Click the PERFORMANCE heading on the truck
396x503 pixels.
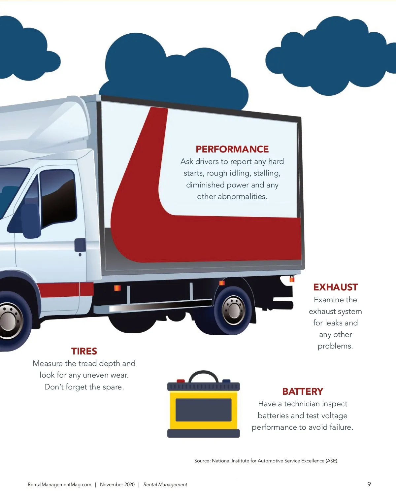pos(232,149)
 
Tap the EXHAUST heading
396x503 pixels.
pos(335,287)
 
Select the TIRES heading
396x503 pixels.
pos(84,351)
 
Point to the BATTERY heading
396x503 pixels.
pos(303,391)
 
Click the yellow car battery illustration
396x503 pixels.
pos(203,410)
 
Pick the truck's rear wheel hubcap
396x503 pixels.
pos(234,310)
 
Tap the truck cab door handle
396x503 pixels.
pos(80,245)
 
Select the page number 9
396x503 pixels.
pos(369,484)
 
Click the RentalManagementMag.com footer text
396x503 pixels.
pos(59,485)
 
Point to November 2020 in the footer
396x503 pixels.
pos(117,485)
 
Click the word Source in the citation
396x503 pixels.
pos(202,461)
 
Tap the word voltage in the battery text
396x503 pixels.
pos(332,416)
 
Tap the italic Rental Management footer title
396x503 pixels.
pos(165,485)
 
